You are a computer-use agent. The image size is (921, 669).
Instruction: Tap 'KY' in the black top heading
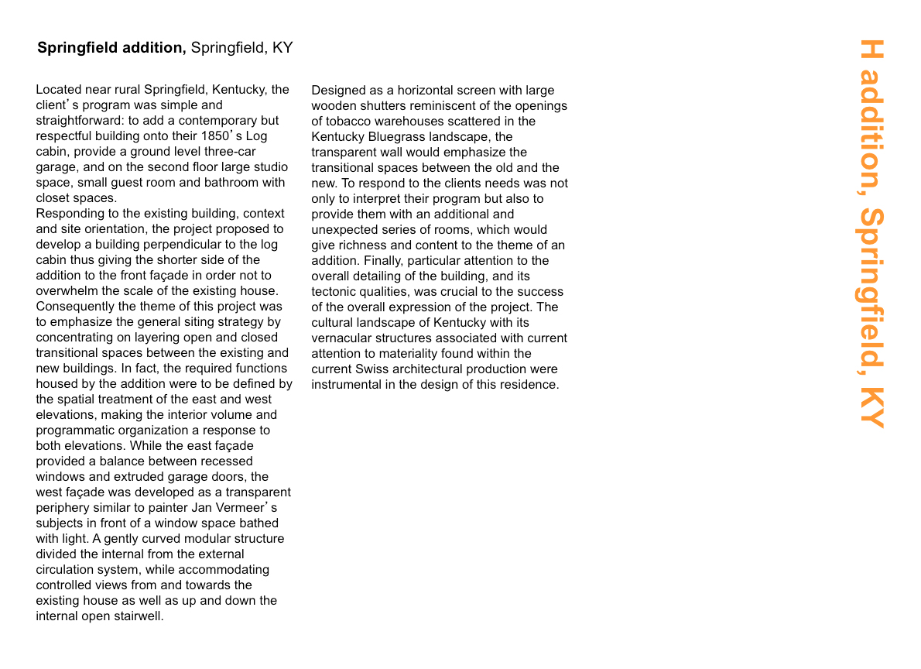(282, 48)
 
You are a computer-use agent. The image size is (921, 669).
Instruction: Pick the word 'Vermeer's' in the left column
(245, 508)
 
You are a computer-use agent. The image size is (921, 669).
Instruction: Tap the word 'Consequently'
(73, 307)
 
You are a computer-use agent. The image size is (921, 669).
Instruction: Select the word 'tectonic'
(337, 292)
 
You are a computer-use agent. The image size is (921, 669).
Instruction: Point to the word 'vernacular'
(341, 338)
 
